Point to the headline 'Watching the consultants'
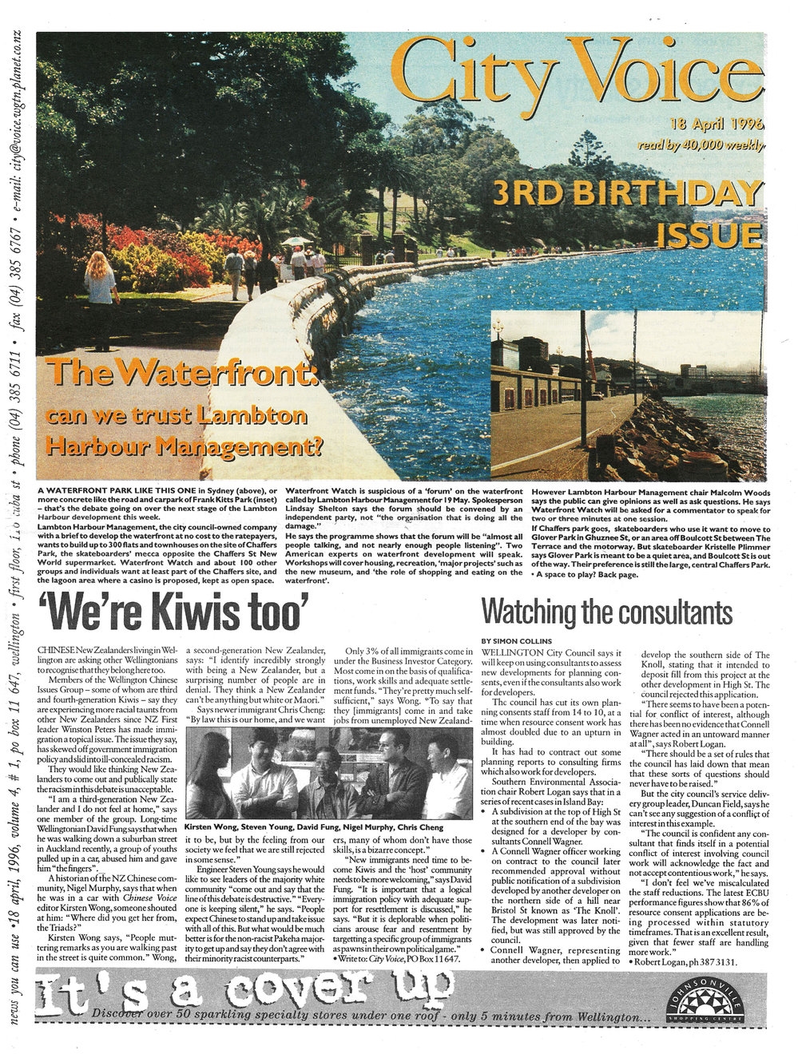tap(606, 613)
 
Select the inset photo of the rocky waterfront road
tap(627, 394)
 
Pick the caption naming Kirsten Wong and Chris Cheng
tap(326, 826)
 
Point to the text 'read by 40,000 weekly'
tap(701, 145)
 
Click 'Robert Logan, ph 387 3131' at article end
tap(688, 961)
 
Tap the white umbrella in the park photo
tap(296, 240)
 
